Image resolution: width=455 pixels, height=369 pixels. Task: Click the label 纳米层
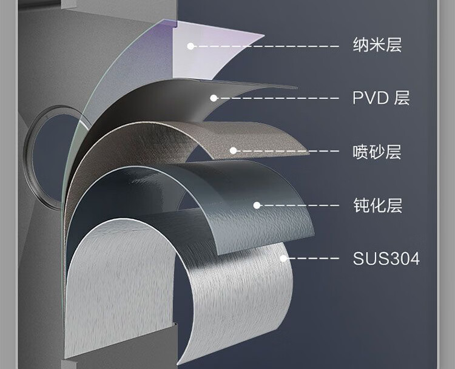pyautogui.click(x=377, y=45)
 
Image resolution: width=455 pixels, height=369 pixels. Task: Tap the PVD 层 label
pyautogui.click(x=381, y=98)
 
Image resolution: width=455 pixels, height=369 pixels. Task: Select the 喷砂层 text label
pyautogui.click(x=377, y=151)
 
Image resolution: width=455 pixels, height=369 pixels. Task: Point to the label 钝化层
pyautogui.click(x=377, y=205)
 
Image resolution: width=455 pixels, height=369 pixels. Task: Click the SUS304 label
pyautogui.click(x=386, y=259)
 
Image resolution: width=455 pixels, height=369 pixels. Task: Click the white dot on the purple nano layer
pyautogui.click(x=190, y=46)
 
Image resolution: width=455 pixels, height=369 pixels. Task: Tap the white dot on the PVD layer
pyautogui.click(x=214, y=98)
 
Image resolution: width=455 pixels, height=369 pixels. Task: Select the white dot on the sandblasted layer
pyautogui.click(x=233, y=151)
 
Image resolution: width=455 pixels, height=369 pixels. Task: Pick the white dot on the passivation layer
pyautogui.click(x=257, y=205)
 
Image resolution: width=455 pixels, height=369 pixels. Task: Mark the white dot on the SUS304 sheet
pyautogui.click(x=283, y=259)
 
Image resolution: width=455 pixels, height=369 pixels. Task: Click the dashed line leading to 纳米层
pyautogui.click(x=267, y=46)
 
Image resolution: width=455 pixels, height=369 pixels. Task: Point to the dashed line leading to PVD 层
pyautogui.click(x=279, y=98)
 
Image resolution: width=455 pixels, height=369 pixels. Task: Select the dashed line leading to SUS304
pyautogui.click(x=312, y=259)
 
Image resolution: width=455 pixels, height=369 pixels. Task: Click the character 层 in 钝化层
pyautogui.click(x=393, y=205)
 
